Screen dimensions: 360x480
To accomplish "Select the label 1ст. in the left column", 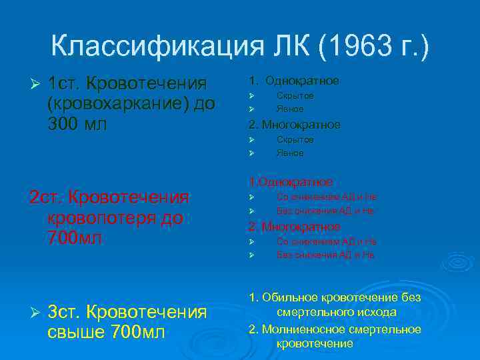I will [67, 85].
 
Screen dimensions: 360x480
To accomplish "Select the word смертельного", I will [312, 312].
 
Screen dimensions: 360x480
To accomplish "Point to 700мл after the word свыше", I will [139, 332].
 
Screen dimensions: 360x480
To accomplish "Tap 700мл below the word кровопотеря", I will [75, 238].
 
